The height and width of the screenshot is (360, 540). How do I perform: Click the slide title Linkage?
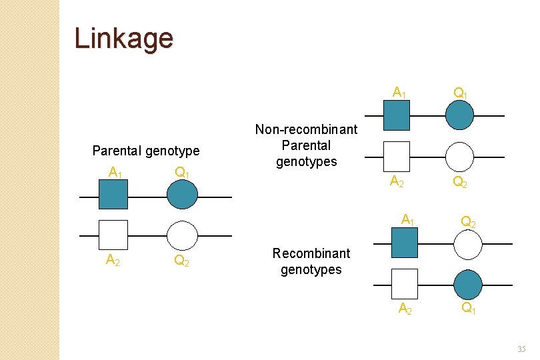tap(124, 39)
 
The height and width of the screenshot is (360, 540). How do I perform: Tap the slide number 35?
tap(521, 349)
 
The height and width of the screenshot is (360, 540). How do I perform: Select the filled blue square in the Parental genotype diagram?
tap(113, 194)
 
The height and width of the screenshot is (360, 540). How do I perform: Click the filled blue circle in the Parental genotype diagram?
tap(182, 194)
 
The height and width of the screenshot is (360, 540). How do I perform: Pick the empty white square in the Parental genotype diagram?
tap(113, 235)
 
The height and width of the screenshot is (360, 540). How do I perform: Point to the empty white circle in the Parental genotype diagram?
tap(182, 235)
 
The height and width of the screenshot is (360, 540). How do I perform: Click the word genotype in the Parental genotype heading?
tap(173, 151)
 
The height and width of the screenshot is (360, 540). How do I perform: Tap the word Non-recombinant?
tap(306, 129)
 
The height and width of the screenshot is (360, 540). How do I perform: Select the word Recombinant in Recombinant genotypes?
tap(311, 253)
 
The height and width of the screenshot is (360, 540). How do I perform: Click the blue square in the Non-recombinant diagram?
tap(397, 115)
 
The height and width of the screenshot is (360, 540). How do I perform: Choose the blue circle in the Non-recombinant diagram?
tap(459, 115)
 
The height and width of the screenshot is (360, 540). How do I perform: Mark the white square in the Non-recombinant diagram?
tap(397, 157)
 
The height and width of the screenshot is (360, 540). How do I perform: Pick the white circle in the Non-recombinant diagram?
tap(459, 157)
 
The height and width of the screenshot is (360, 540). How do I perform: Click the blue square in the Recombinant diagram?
tap(405, 243)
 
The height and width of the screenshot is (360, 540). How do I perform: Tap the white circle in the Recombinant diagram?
tap(468, 245)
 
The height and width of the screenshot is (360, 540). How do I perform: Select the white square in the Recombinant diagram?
tap(405, 284)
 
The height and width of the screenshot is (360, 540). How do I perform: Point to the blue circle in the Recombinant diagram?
tap(468, 285)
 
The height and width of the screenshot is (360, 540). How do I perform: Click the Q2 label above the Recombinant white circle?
tap(469, 221)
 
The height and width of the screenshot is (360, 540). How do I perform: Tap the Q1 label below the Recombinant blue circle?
tap(469, 307)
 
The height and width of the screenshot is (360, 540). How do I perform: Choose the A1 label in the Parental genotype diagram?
tap(115, 172)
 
